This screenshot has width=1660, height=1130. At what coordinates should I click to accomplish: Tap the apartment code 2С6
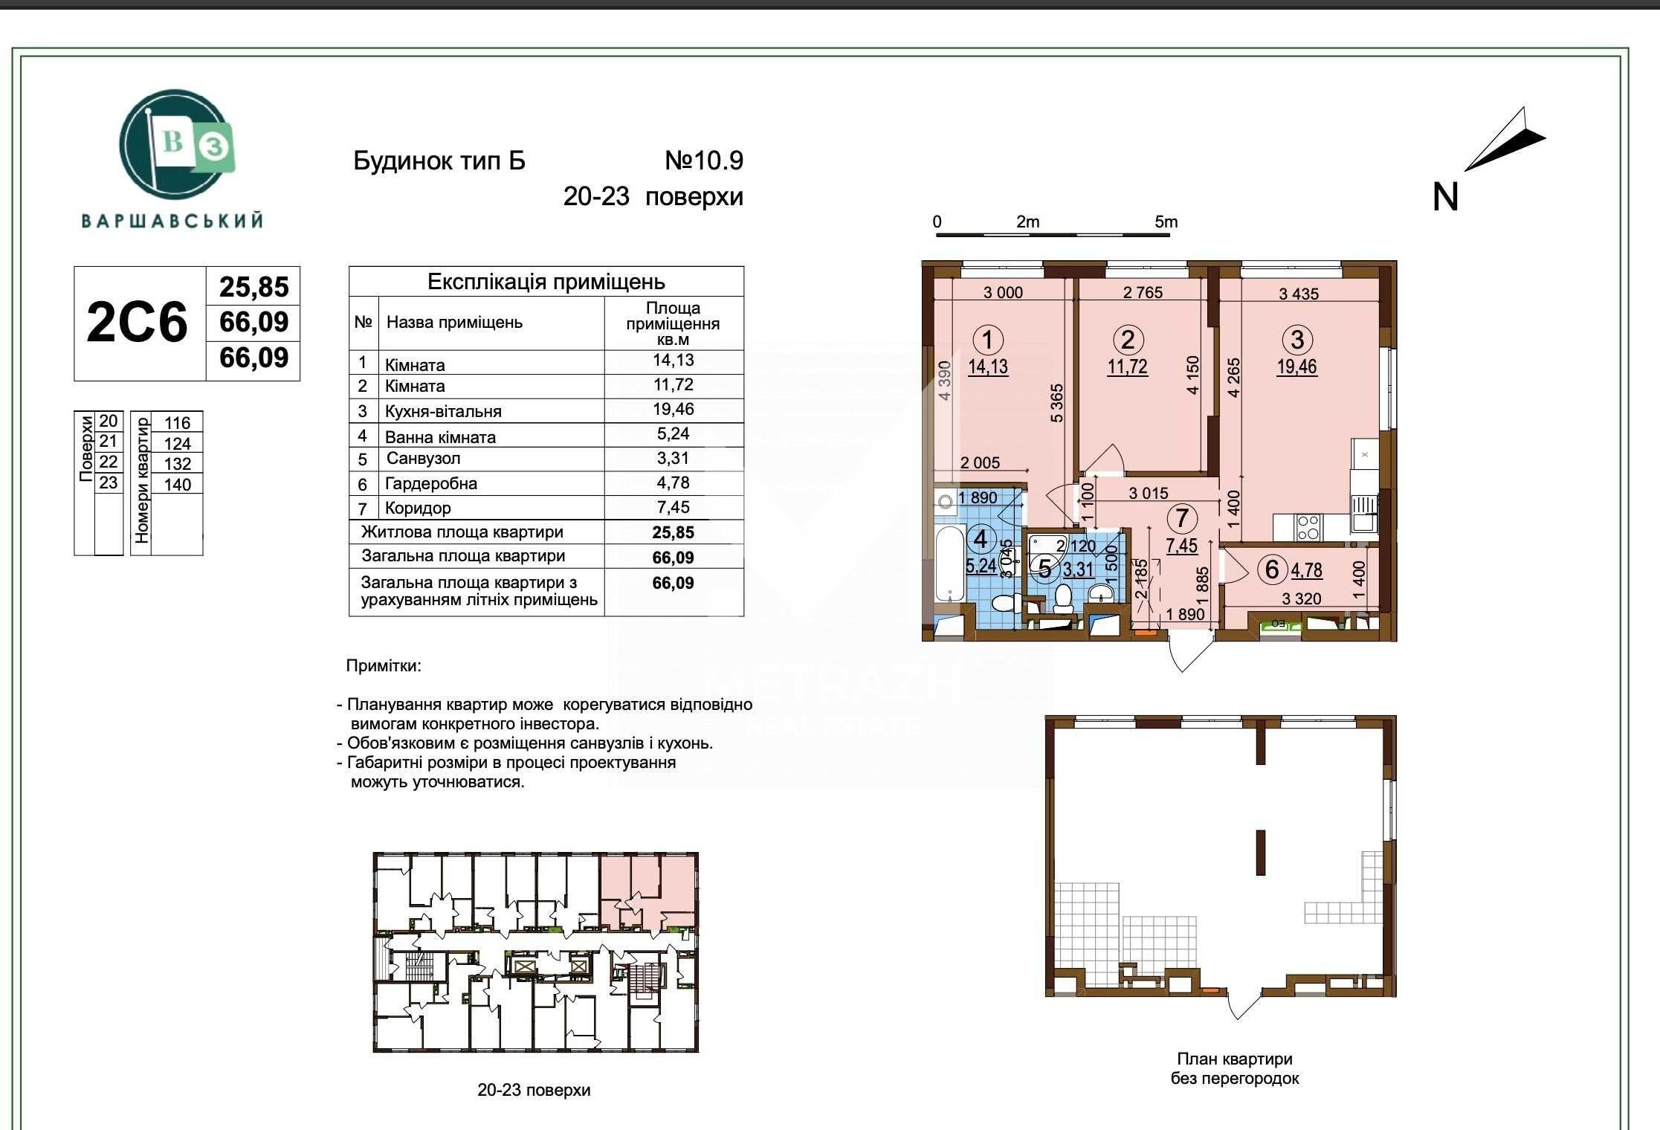tap(137, 323)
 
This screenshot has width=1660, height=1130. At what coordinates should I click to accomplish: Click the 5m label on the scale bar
tap(1166, 222)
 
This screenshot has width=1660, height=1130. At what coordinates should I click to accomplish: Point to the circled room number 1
tap(988, 340)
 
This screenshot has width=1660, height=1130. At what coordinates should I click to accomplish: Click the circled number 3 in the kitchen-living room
tap(1297, 340)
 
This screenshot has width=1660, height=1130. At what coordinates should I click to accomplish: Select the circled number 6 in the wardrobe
tap(1272, 569)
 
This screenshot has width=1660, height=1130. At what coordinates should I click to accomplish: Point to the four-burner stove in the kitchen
tap(1308, 528)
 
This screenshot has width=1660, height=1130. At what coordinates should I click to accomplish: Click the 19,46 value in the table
tap(673, 410)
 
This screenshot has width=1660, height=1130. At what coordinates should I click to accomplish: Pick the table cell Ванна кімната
tap(440, 437)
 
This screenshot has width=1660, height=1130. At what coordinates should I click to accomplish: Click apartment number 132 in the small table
tap(178, 464)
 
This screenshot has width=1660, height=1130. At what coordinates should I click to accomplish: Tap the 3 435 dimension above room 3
tap(1299, 294)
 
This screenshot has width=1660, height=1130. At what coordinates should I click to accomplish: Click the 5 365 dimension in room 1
tap(1057, 403)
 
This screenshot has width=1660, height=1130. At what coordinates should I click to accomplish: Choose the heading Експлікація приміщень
tap(546, 282)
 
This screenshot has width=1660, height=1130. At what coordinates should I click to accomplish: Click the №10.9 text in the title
tap(704, 161)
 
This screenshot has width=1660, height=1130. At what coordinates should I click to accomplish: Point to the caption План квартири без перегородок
tap(1235, 1068)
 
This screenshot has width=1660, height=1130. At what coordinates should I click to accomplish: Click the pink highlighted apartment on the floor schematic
tap(648, 891)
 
